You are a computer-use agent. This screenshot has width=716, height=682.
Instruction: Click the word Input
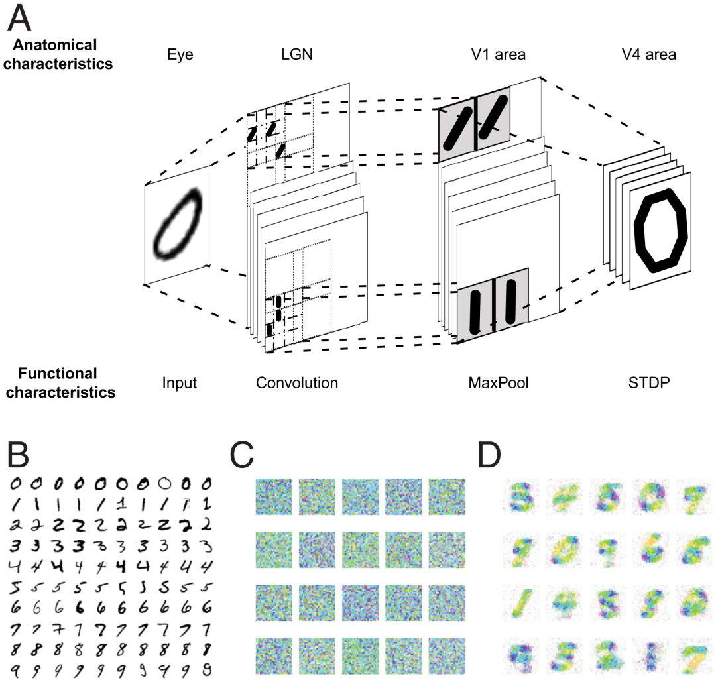coord(179,383)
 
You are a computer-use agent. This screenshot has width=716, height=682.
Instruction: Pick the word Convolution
coord(297,383)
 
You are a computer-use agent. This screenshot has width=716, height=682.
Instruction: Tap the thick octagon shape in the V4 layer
coord(661,229)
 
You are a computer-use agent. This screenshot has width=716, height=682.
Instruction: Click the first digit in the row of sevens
coord(19,628)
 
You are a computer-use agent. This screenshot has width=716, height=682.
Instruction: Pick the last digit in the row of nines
coord(208,669)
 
